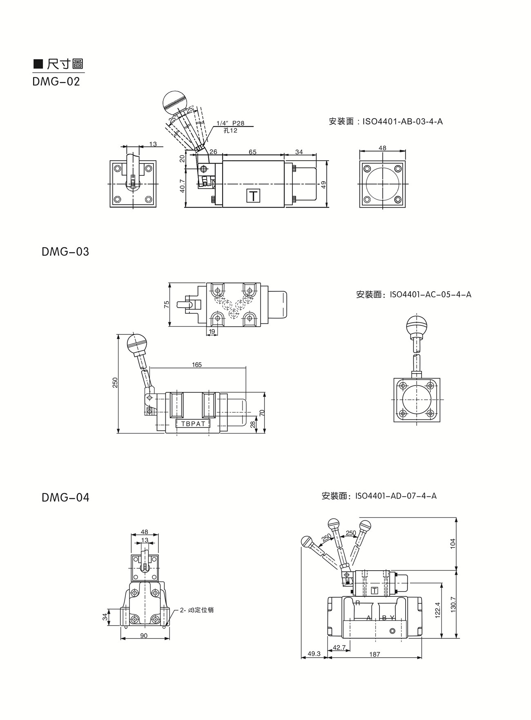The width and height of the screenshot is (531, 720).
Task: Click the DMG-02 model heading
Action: pyautogui.click(x=56, y=82)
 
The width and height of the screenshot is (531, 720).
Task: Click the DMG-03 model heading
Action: pyautogui.click(x=65, y=252)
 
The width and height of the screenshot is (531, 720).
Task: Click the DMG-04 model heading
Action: pyautogui.click(x=65, y=498)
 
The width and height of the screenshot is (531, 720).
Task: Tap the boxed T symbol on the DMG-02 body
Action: pyautogui.click(x=253, y=196)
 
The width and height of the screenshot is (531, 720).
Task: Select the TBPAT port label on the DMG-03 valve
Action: pyautogui.click(x=193, y=424)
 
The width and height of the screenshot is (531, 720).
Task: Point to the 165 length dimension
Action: pyautogui.click(x=197, y=365)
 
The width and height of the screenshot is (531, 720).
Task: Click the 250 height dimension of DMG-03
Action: pyautogui.click(x=115, y=382)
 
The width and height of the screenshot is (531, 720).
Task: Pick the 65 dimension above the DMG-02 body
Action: pyautogui.click(x=252, y=152)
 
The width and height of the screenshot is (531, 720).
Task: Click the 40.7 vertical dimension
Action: pyautogui.click(x=182, y=186)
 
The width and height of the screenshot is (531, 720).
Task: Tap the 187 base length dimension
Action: pyautogui.click(x=374, y=654)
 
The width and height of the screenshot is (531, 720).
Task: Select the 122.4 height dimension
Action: pyautogui.click(x=437, y=610)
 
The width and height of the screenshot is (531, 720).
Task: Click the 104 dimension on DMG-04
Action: pyautogui.click(x=452, y=543)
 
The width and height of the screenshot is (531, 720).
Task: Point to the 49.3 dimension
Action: pyautogui.click(x=314, y=654)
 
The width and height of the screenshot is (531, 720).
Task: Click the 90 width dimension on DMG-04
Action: pyautogui.click(x=144, y=636)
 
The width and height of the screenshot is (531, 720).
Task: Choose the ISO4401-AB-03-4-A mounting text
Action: pyautogui.click(x=386, y=122)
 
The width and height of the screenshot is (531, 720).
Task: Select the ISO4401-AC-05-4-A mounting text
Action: pyautogui.click(x=413, y=295)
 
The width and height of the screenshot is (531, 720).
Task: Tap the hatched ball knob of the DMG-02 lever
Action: pyautogui.click(x=175, y=102)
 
